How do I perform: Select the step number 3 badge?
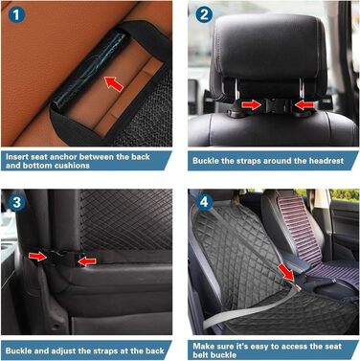tap(16, 202)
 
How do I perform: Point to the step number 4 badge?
tap(204, 202)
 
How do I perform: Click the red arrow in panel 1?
tap(114, 84)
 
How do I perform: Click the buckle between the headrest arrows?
tap(276, 105)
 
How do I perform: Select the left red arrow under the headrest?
tap(252, 104)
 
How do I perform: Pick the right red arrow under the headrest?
tap(304, 104)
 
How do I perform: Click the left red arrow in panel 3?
tap(37, 256)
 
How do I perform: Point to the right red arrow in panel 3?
tap(87, 261)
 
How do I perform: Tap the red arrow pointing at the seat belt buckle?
tap(286, 272)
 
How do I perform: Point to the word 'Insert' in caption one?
tap(17, 157)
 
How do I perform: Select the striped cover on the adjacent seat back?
tap(298, 230)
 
